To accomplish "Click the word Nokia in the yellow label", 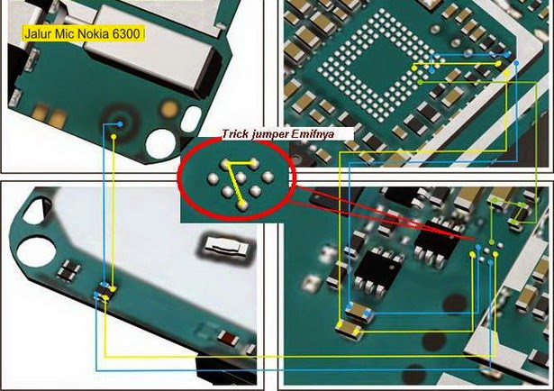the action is point(93,34).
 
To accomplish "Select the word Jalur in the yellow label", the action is point(38,34).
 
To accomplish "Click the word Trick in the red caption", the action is point(235,134).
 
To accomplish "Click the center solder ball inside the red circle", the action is point(241,177).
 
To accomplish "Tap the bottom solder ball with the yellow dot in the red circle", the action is point(242,205).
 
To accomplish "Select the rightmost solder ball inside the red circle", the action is point(268,177).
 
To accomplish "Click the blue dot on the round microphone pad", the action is point(120,124).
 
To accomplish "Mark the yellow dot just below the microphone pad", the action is point(114,136).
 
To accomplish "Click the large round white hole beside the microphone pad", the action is point(160,143).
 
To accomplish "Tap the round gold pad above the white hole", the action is point(169,109).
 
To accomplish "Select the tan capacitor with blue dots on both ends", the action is point(359,312).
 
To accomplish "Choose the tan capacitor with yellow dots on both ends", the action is point(349,329).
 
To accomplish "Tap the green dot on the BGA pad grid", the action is point(420,82).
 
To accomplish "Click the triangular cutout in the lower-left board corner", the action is point(35,210).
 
